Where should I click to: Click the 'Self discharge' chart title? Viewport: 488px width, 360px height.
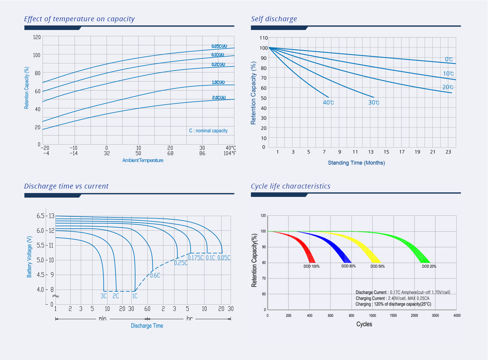(274, 19)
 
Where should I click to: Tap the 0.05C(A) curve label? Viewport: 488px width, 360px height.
(219, 46)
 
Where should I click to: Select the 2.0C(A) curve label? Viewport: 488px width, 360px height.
(219, 98)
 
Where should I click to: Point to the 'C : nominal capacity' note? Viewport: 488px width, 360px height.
(208, 131)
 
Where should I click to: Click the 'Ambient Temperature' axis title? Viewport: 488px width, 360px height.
(143, 160)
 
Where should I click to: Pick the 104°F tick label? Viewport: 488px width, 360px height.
(230, 153)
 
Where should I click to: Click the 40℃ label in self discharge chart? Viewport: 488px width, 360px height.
(328, 102)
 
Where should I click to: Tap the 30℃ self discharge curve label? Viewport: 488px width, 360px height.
(374, 102)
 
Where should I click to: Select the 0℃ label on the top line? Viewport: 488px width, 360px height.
(449, 60)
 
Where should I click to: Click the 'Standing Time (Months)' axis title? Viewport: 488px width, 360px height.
(356, 163)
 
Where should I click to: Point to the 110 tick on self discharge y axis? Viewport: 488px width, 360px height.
(264, 38)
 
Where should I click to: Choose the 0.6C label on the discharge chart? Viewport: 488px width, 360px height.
(155, 275)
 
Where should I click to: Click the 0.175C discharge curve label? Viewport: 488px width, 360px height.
(196, 258)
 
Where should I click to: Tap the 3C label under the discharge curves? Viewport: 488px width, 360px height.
(103, 296)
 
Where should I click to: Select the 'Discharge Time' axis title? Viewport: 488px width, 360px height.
(147, 325)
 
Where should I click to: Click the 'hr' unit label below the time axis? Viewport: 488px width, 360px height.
(189, 318)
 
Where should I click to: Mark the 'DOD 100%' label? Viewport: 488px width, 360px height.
(311, 266)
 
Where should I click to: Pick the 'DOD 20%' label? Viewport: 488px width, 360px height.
(429, 266)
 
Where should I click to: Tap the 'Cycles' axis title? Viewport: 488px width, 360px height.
(364, 324)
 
